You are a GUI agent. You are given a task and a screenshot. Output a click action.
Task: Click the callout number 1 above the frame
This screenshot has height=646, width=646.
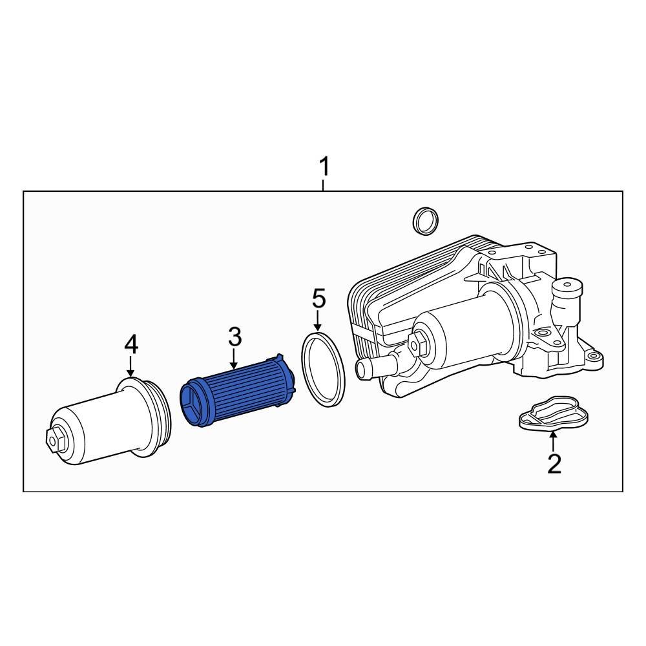tap(324, 167)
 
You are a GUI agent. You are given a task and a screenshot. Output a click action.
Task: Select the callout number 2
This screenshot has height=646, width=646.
tap(554, 463)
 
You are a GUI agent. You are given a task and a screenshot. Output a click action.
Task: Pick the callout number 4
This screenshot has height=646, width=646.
tap(131, 345)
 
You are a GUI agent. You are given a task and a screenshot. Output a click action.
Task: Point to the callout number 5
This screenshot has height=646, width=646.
tap(318, 299)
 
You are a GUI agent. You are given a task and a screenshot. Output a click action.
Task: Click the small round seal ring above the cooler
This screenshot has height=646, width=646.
tap(425, 221)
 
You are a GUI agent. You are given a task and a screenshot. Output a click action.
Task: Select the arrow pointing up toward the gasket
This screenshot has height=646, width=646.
tap(553, 442)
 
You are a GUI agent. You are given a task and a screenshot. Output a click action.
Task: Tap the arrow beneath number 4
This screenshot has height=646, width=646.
tap(131, 368)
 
